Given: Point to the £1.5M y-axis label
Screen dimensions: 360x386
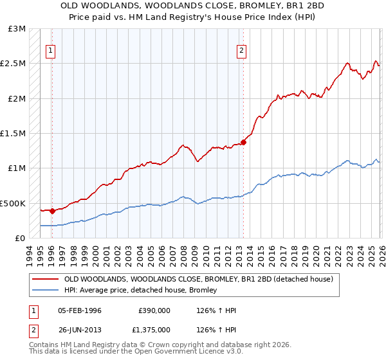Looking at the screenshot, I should [14, 134].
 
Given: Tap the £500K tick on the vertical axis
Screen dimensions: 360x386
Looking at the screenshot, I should [14, 203].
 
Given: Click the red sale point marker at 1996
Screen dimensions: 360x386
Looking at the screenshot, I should [51, 210].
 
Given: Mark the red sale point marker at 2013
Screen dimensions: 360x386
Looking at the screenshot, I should [243, 142].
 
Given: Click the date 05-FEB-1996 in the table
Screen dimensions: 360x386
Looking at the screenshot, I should [80, 310].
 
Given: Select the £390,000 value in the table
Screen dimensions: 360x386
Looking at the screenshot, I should [154, 310].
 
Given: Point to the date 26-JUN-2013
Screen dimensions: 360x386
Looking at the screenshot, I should [80, 329].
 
